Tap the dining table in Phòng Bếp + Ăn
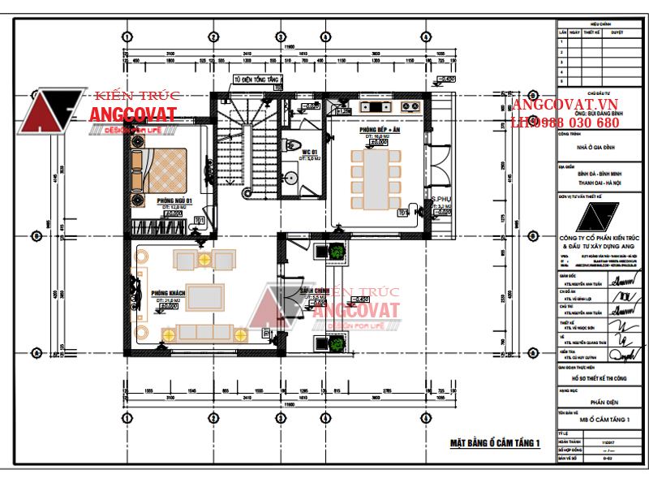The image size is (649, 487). (376, 172)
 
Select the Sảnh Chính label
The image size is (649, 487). (316, 290)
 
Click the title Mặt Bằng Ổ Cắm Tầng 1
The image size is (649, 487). (494, 442)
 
